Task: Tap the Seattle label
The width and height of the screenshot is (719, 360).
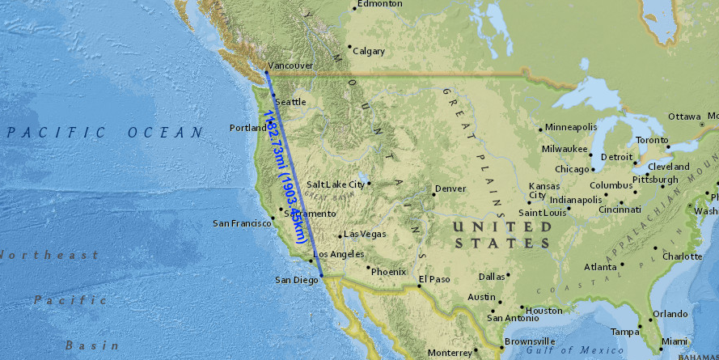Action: point(292,102)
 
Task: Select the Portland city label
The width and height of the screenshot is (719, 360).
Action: point(247,128)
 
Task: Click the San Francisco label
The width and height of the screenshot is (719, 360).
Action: point(239,222)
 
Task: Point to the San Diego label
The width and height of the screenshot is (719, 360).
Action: point(295,280)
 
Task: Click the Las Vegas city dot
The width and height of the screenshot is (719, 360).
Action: point(340,236)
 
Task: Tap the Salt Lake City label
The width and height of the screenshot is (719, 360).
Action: point(336,184)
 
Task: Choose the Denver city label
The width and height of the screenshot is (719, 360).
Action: point(450,188)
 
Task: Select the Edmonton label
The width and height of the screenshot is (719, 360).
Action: point(380,4)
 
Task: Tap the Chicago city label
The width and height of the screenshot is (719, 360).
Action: point(573,169)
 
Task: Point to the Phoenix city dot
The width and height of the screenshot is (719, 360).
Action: point(369,268)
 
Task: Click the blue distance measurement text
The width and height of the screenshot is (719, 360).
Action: point(287,178)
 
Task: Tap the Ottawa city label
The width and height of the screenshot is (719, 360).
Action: point(683,116)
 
